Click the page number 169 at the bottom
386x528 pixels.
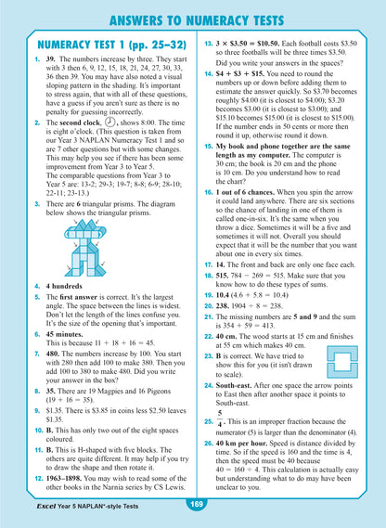(x=194, y=504)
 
